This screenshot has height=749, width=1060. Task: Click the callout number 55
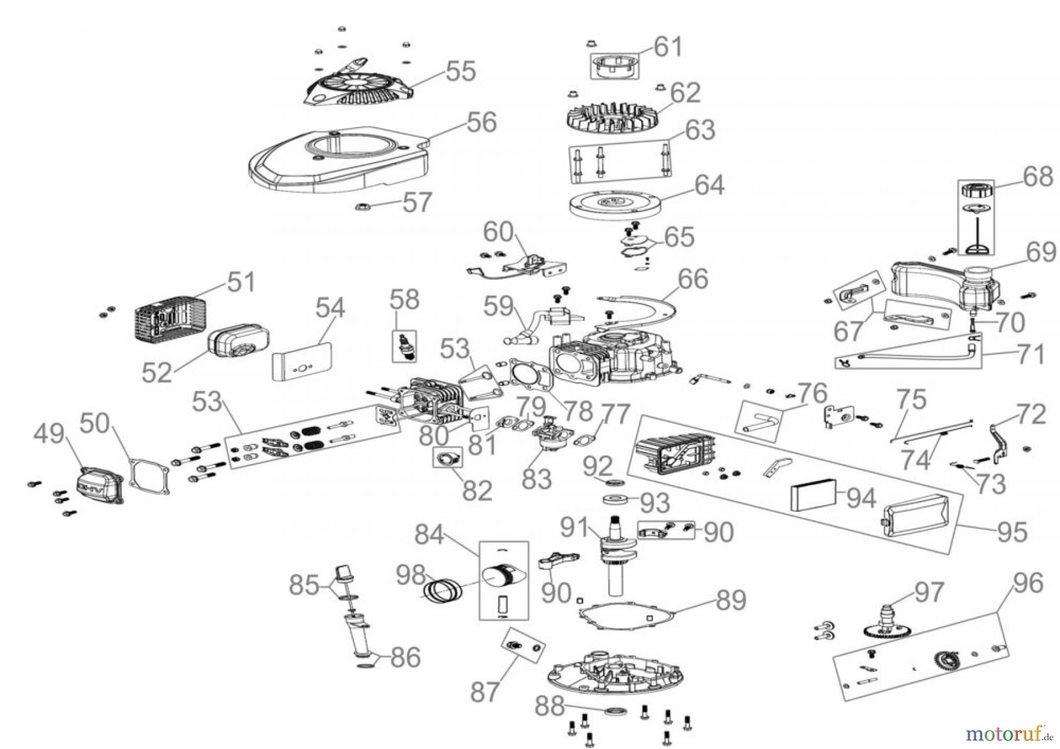pyautogui.click(x=460, y=71)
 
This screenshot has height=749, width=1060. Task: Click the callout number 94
pyautogui.click(x=860, y=498)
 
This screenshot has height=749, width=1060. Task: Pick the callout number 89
pyautogui.click(x=731, y=600)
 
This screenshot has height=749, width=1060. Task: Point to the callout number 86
pyautogui.click(x=405, y=658)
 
